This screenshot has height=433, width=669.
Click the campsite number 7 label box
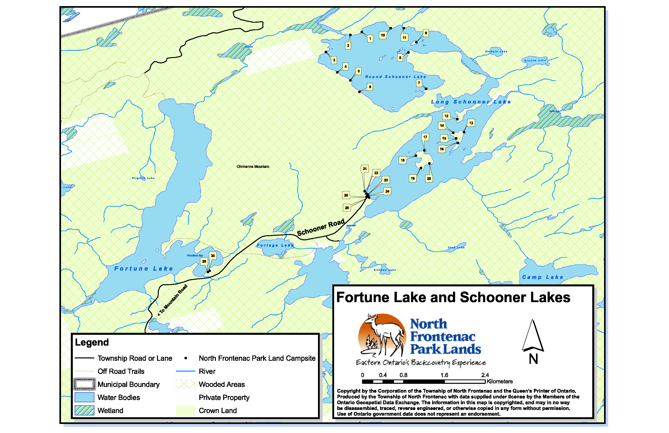pyautogui.click(x=419, y=83)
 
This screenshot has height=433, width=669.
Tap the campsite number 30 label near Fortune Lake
pyautogui.click(x=213, y=256)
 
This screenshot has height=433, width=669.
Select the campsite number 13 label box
pyautogui.click(x=471, y=123)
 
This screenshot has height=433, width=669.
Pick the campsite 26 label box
pyautogui.click(x=347, y=208)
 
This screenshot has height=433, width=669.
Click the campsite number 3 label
pyautogui.click(x=334, y=60)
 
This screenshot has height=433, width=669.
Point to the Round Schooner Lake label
pyautogui.click(x=395, y=77)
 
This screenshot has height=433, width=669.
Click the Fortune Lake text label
pyautogui.click(x=143, y=268)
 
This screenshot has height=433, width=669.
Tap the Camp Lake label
pyautogui.click(x=542, y=277)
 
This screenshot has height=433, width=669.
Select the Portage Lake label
pyautogui.click(x=275, y=245)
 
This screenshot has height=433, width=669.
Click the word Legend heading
pyautogui.click(x=92, y=342)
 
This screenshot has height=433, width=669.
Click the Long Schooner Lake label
pyautogui.click(x=471, y=102)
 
